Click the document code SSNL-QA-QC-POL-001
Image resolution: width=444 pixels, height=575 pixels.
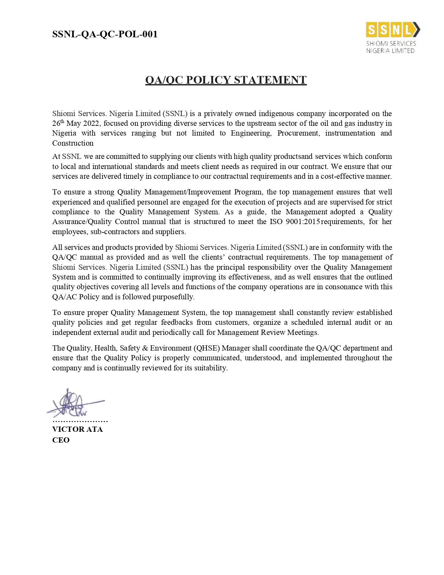[x=105, y=34]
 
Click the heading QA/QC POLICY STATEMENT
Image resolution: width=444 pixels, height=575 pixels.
[x=226, y=80]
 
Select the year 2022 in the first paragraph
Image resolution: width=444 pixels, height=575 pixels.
[x=91, y=123]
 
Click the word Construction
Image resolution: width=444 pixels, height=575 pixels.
[x=73, y=143]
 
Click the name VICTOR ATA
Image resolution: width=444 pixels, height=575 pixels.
[x=77, y=429]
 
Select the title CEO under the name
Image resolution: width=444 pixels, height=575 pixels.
[x=61, y=440]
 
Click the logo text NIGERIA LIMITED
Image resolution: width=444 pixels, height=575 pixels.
[x=390, y=51]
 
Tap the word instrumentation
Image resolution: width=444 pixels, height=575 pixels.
[x=350, y=133]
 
